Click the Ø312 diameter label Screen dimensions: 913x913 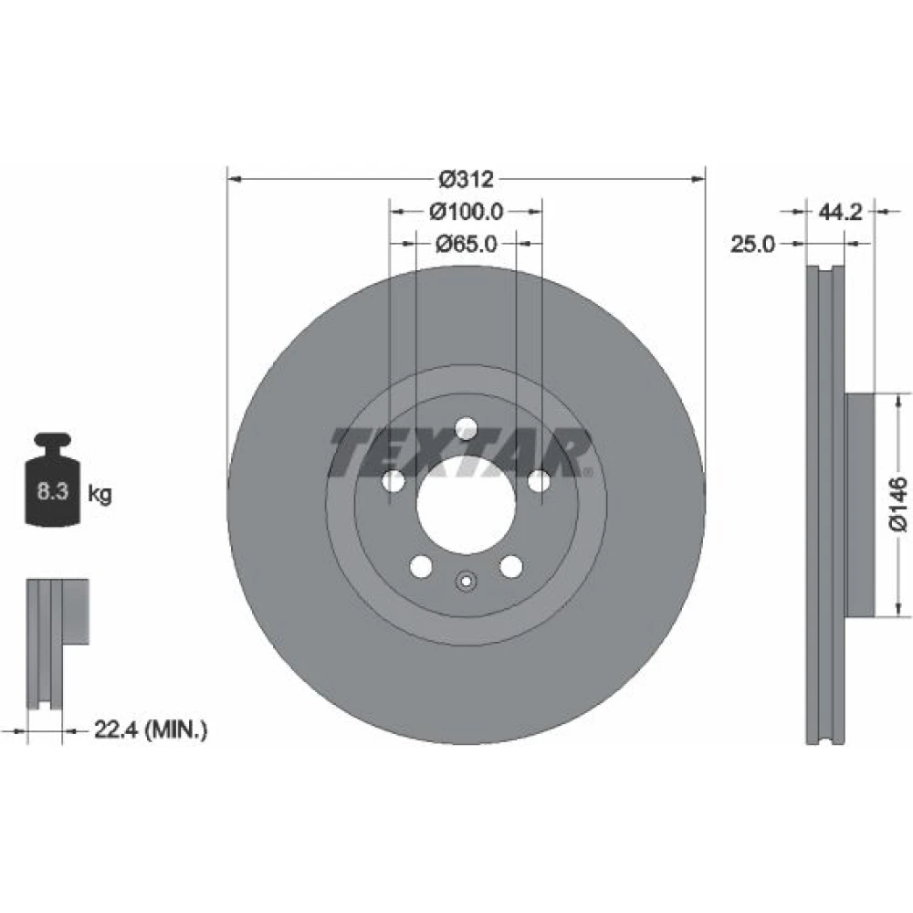point(466,179)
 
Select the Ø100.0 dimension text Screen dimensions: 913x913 point(466,212)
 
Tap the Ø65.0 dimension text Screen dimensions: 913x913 point(467,244)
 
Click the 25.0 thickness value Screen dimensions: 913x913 point(753,245)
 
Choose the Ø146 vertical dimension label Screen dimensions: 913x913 point(898,504)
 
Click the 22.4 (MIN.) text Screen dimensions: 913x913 point(151,729)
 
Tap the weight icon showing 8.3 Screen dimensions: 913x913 point(52,480)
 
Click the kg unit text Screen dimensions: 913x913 point(100,494)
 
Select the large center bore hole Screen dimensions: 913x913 point(466,505)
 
